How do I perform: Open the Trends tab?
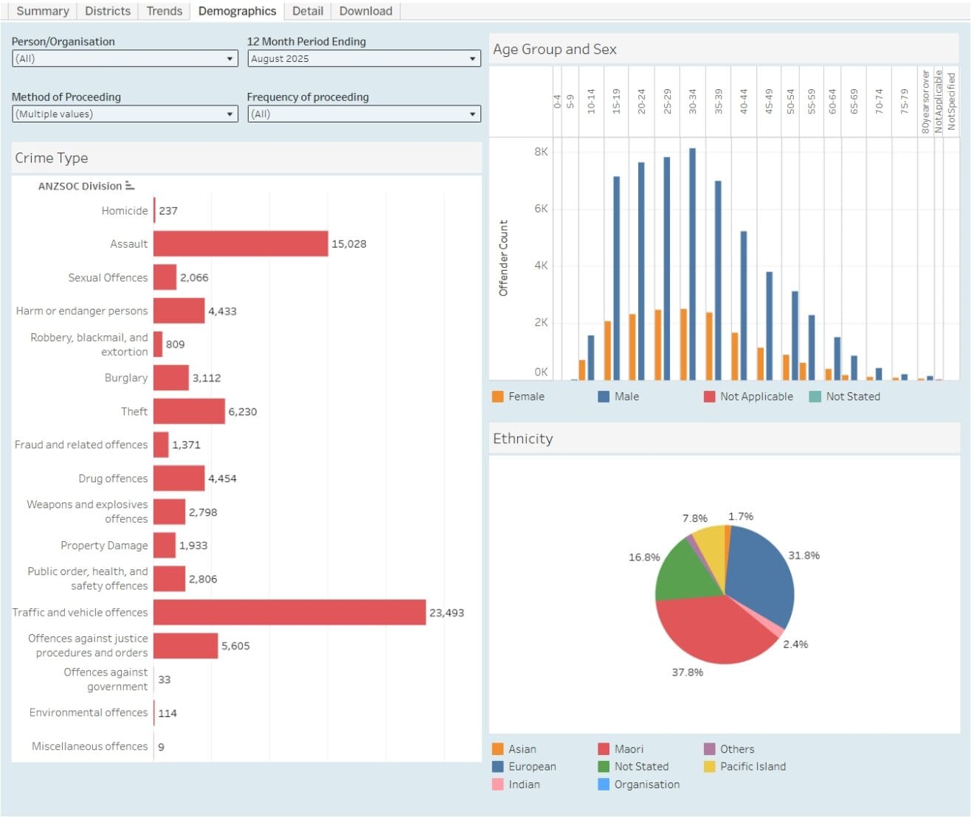tap(165, 11)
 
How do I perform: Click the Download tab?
tap(365, 11)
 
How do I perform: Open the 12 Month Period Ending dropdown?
tap(364, 58)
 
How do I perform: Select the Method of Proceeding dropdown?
tap(125, 114)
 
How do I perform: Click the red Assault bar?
tap(241, 243)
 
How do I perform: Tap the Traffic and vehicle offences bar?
tap(290, 612)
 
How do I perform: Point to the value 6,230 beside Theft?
tap(243, 411)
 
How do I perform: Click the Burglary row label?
tap(126, 378)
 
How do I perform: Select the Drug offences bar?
tap(179, 478)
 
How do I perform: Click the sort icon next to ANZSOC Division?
tap(130, 186)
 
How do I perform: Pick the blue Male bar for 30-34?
tap(692, 264)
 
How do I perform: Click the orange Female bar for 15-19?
tap(607, 350)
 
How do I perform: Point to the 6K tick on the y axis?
tap(541, 209)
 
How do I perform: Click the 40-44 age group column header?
tap(744, 101)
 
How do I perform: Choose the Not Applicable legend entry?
tap(748, 396)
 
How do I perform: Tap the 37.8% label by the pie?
tap(687, 672)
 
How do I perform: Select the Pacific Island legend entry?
tap(745, 766)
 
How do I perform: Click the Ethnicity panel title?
tap(522, 438)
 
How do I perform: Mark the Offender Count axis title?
tap(502, 258)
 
